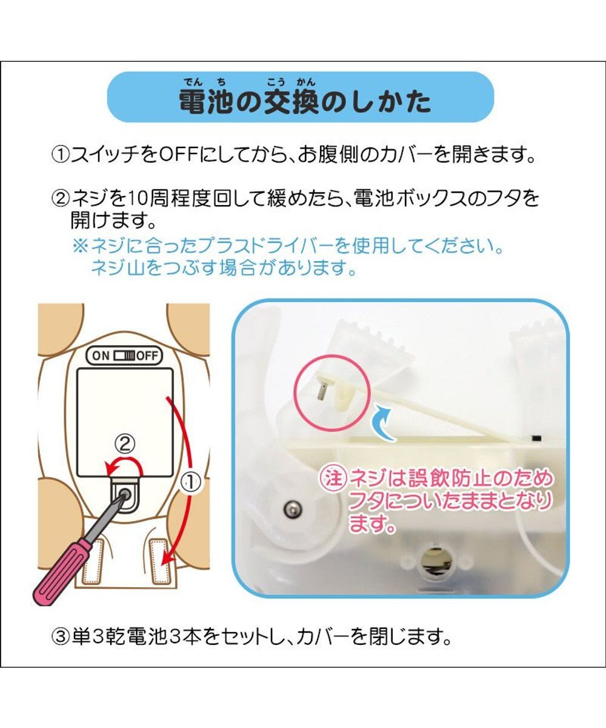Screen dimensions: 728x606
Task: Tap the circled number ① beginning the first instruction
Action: [x=61, y=157]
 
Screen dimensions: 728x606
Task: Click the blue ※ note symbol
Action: [x=80, y=247]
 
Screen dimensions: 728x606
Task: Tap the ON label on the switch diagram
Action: [x=101, y=356]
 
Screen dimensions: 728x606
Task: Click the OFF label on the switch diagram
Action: [x=146, y=356]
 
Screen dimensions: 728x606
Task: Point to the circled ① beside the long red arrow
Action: [x=190, y=483]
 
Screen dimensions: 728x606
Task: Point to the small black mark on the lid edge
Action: [x=536, y=437]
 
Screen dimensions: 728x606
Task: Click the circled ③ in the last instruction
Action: [x=61, y=638]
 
